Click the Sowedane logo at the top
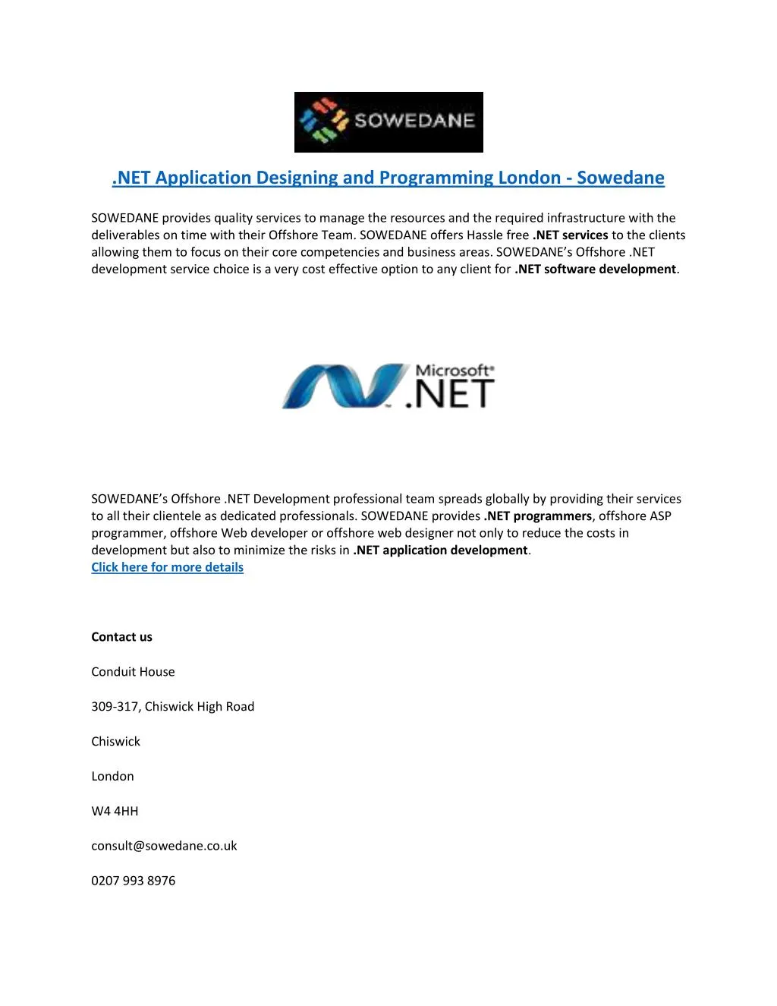tap(388, 121)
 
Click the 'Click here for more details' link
tap(167, 567)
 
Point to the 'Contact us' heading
tap(121, 637)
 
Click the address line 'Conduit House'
tap(133, 672)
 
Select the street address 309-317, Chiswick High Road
tap(172, 707)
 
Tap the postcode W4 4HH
tap(115, 811)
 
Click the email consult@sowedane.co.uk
tap(164, 846)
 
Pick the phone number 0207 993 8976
tap(133, 881)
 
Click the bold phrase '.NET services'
tap(570, 235)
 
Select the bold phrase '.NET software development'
tap(595, 269)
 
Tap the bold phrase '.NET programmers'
tap(537, 516)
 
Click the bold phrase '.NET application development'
tap(440, 550)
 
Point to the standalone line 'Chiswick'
tap(115, 742)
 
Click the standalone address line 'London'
tap(112, 776)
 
